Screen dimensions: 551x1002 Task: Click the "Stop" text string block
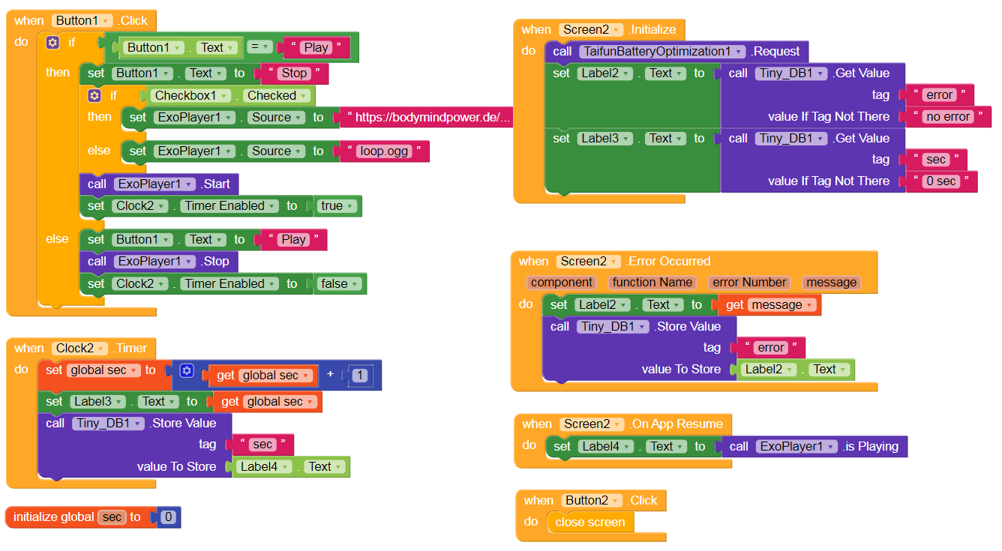coord(293,73)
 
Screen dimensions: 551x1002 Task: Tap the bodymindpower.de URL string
coord(432,117)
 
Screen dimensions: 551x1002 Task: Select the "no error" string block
coord(948,117)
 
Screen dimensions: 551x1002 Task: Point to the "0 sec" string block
coord(940,181)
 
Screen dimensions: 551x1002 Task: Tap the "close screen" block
coord(589,523)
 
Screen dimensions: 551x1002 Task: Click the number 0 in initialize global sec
coord(169,517)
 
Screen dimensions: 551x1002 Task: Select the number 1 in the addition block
coord(361,376)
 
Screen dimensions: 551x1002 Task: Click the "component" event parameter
coord(561,283)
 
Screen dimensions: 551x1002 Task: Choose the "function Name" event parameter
coord(651,283)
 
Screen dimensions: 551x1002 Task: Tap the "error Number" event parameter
coord(749,283)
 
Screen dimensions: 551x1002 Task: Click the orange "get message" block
coord(770,305)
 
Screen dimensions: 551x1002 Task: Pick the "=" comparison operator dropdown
coord(259,47)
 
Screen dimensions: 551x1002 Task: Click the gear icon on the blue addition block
coord(187,371)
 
